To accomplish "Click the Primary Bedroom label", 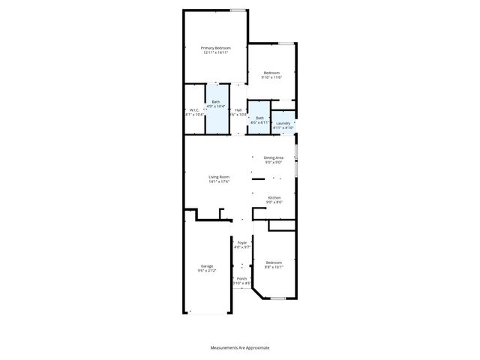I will pyautogui.click(x=215, y=48).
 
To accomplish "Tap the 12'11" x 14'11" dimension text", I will pyautogui.click(x=215, y=52).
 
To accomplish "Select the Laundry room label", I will pyautogui.click(x=283, y=123).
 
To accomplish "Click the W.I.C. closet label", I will pyautogui.click(x=193, y=110).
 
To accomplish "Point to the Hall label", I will pyautogui.click(x=238, y=110).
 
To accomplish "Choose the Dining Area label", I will pyautogui.click(x=273, y=157).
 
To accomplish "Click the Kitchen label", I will pyautogui.click(x=274, y=197).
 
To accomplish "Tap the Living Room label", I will pyautogui.click(x=219, y=177).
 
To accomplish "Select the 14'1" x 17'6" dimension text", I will pyautogui.click(x=219, y=181).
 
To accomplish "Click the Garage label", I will pyautogui.click(x=206, y=265).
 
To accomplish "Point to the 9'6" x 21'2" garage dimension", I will pyautogui.click(x=206, y=270).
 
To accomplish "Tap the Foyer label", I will pyautogui.click(x=241, y=243).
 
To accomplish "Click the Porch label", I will pyautogui.click(x=241, y=278).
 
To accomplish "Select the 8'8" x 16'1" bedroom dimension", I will pyautogui.click(x=274, y=266).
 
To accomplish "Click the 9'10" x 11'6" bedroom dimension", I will pyautogui.click(x=271, y=77).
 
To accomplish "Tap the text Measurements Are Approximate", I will pyautogui.click(x=239, y=348).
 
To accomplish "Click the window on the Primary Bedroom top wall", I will pyautogui.click(x=238, y=10).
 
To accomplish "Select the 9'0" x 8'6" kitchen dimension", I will pyautogui.click(x=274, y=202).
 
